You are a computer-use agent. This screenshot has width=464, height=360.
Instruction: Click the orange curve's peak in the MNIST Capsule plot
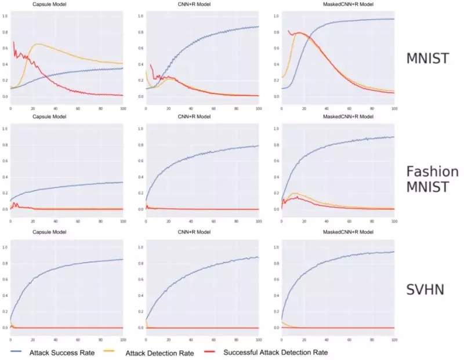(x=38, y=44)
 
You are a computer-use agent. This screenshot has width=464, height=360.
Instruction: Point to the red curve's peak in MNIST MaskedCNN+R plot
(x=298, y=32)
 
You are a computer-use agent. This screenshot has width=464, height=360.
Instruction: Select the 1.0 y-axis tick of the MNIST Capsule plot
(x=5, y=16)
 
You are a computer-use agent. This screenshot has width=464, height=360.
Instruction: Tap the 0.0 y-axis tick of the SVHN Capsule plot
(x=5, y=328)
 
